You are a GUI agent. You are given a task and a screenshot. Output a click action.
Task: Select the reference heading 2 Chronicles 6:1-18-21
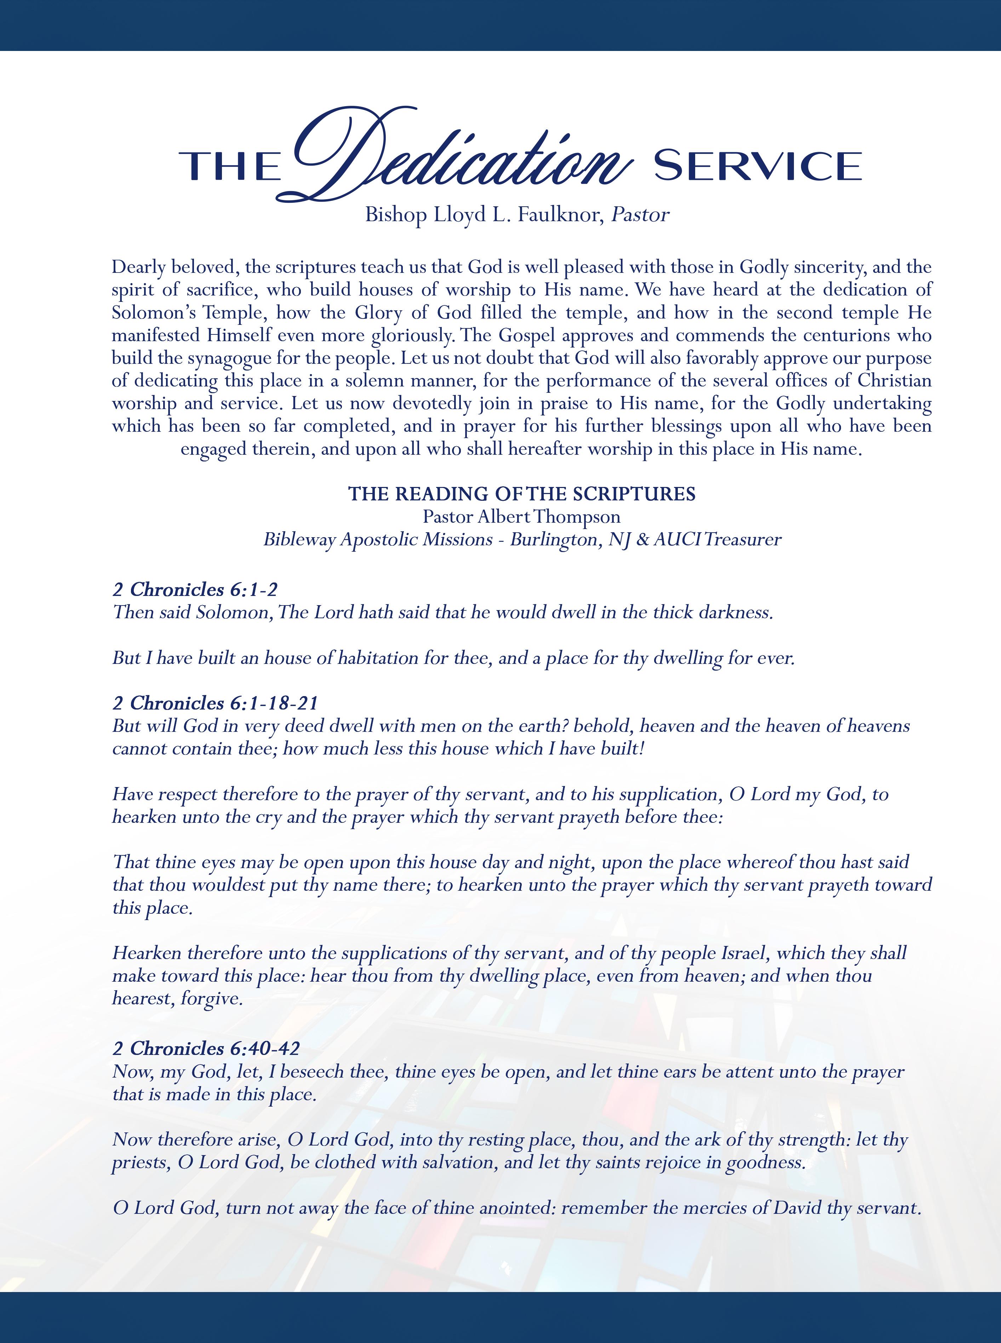click(x=215, y=703)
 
